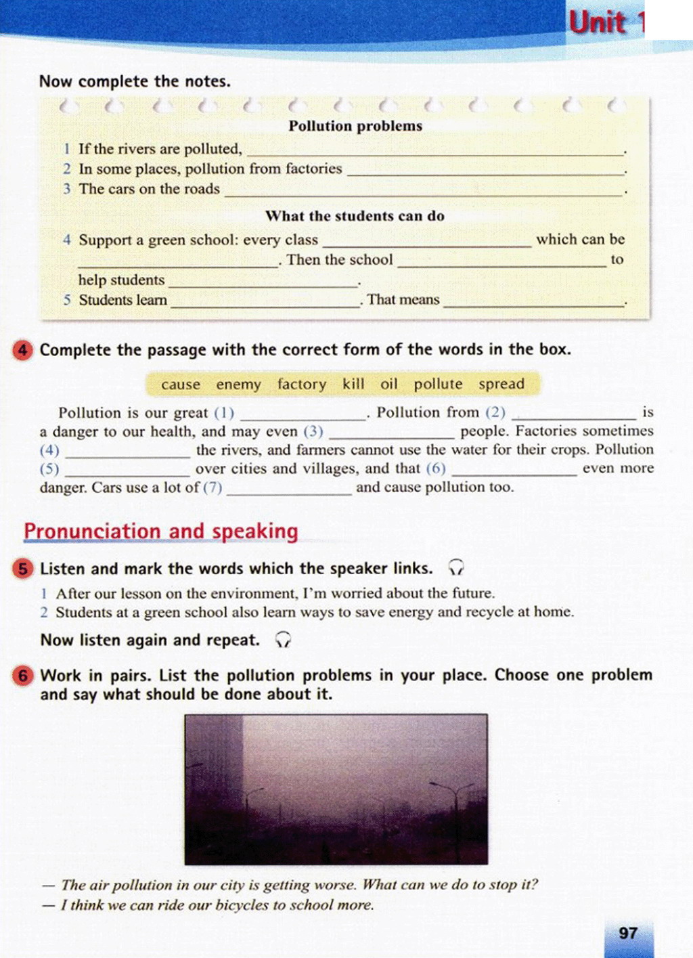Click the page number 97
click(x=628, y=933)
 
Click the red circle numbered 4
click(x=22, y=350)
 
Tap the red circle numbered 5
click(x=22, y=569)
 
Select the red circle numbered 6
click(x=22, y=676)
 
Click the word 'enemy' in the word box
click(x=238, y=385)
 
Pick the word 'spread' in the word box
click(x=501, y=384)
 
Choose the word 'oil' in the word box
click(x=388, y=384)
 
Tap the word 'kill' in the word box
click(x=353, y=384)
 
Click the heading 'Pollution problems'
click(x=355, y=126)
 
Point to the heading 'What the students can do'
click(x=355, y=216)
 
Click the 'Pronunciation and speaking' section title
click(x=161, y=531)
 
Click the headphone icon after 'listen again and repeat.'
click(x=284, y=640)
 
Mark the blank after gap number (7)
click(x=289, y=490)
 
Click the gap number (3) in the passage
click(x=313, y=431)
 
